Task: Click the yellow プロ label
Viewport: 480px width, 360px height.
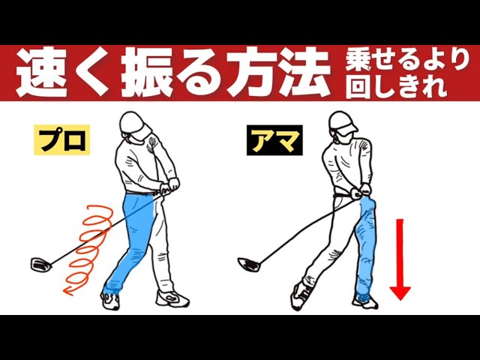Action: click(x=61, y=140)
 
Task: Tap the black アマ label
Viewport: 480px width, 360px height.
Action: click(x=274, y=140)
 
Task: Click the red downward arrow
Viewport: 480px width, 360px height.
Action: click(x=400, y=259)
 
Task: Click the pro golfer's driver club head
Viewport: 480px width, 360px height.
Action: click(x=40, y=265)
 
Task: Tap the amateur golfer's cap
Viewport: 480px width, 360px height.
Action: click(x=343, y=122)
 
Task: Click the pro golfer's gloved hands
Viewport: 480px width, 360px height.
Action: click(x=169, y=186)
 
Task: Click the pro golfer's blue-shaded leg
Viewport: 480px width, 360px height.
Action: click(x=134, y=241)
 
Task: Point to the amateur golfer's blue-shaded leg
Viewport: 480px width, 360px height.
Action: click(x=366, y=245)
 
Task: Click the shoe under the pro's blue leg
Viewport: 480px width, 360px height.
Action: click(x=110, y=300)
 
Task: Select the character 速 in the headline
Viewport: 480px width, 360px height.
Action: click(x=42, y=73)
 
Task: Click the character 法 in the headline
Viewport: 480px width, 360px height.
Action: click(x=304, y=73)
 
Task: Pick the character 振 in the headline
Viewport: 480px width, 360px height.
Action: click(x=147, y=73)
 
